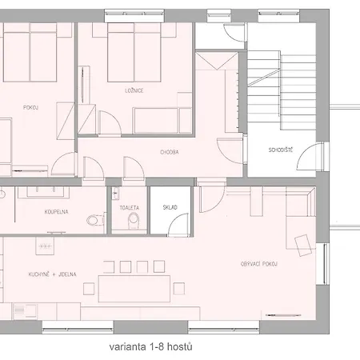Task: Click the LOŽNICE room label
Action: coord(134,90)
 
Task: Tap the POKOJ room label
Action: coord(30,107)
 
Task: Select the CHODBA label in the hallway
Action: coord(170,152)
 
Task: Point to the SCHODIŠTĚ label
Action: coord(281,150)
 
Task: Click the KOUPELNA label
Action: coord(56,212)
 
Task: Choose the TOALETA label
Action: coord(130,208)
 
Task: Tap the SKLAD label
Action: coord(170,207)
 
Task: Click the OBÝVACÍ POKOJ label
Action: coord(259,264)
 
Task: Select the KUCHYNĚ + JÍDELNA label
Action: coord(52,274)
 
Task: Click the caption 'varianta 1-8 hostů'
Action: coord(150,347)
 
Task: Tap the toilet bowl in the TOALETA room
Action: coord(134,221)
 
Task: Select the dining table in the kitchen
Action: coord(134,289)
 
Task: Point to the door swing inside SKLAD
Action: coord(179,225)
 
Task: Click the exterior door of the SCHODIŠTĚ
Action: coord(310,156)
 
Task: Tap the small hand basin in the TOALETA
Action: coord(115,193)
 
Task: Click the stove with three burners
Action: coord(45,246)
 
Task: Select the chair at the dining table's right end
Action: coord(179,288)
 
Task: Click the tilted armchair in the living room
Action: coord(303,245)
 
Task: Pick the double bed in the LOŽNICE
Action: coord(134,53)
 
